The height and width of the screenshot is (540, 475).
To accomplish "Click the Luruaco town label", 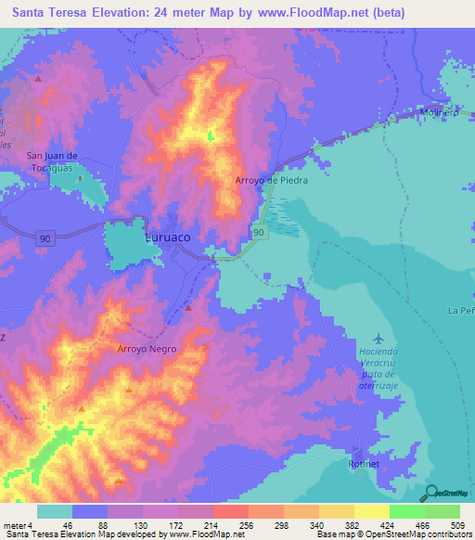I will [168, 238].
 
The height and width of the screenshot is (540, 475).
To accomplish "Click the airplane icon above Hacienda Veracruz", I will [378, 338].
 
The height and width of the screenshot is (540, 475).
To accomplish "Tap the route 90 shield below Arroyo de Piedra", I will [259, 231].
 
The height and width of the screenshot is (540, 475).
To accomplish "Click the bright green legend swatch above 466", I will [406, 511].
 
